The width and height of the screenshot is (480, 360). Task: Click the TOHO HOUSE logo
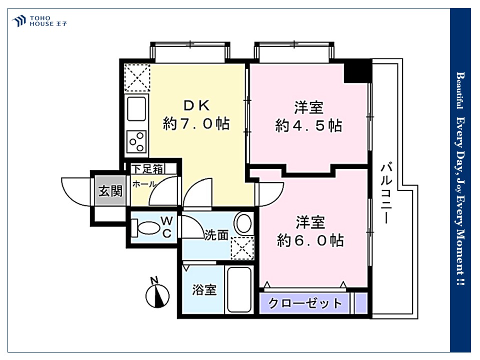(39, 21)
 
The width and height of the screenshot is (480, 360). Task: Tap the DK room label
(196, 105)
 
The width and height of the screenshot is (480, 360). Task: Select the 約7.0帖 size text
(196, 123)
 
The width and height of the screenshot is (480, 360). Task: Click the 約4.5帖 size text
(308, 125)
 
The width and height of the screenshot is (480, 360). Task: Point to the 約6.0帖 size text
(310, 240)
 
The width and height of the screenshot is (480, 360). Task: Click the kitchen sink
(136, 109)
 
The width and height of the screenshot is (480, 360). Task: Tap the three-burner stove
(137, 141)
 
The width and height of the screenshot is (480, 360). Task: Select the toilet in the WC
(145, 228)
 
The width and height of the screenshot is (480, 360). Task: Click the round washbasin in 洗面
(243, 223)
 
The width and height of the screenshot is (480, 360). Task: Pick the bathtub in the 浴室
(239, 289)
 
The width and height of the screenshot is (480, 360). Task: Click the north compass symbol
(157, 293)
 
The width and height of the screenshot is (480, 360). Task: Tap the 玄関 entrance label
(110, 191)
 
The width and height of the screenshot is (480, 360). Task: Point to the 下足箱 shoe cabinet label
(147, 168)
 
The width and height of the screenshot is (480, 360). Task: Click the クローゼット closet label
(305, 303)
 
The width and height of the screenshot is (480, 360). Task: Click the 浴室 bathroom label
(204, 289)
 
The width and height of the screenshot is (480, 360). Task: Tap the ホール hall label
(144, 184)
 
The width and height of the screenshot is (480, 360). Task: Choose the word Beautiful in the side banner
(460, 90)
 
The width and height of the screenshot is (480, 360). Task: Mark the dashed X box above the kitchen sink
(137, 78)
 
